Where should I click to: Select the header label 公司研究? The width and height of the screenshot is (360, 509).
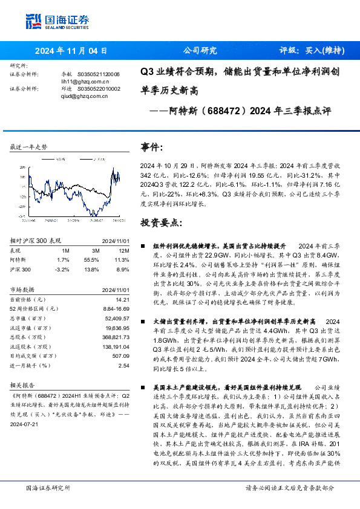200,51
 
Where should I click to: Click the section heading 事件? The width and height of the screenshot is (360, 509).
152,148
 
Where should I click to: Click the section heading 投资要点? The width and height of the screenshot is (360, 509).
160,222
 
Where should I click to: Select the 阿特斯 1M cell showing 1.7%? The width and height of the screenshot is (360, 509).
62,259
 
